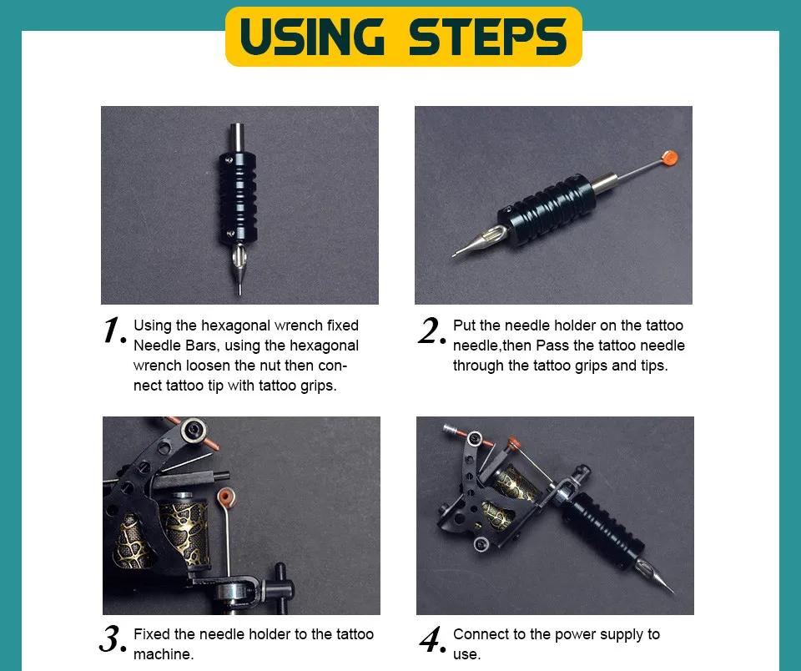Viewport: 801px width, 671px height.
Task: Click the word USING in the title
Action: pos(311,36)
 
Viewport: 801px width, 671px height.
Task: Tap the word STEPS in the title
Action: pos(488,36)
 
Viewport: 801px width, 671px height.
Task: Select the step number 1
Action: pos(114,330)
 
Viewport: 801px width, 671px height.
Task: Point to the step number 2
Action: pos(431,330)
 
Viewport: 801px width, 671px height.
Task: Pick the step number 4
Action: pos(432,639)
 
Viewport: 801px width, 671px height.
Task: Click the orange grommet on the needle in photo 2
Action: pos(669,158)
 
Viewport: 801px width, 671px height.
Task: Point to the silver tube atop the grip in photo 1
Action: pos(238,138)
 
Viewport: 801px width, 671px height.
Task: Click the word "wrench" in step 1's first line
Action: pos(299,325)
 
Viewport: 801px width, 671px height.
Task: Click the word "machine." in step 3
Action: pos(164,654)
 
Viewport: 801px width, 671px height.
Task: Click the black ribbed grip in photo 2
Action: pos(547,209)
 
